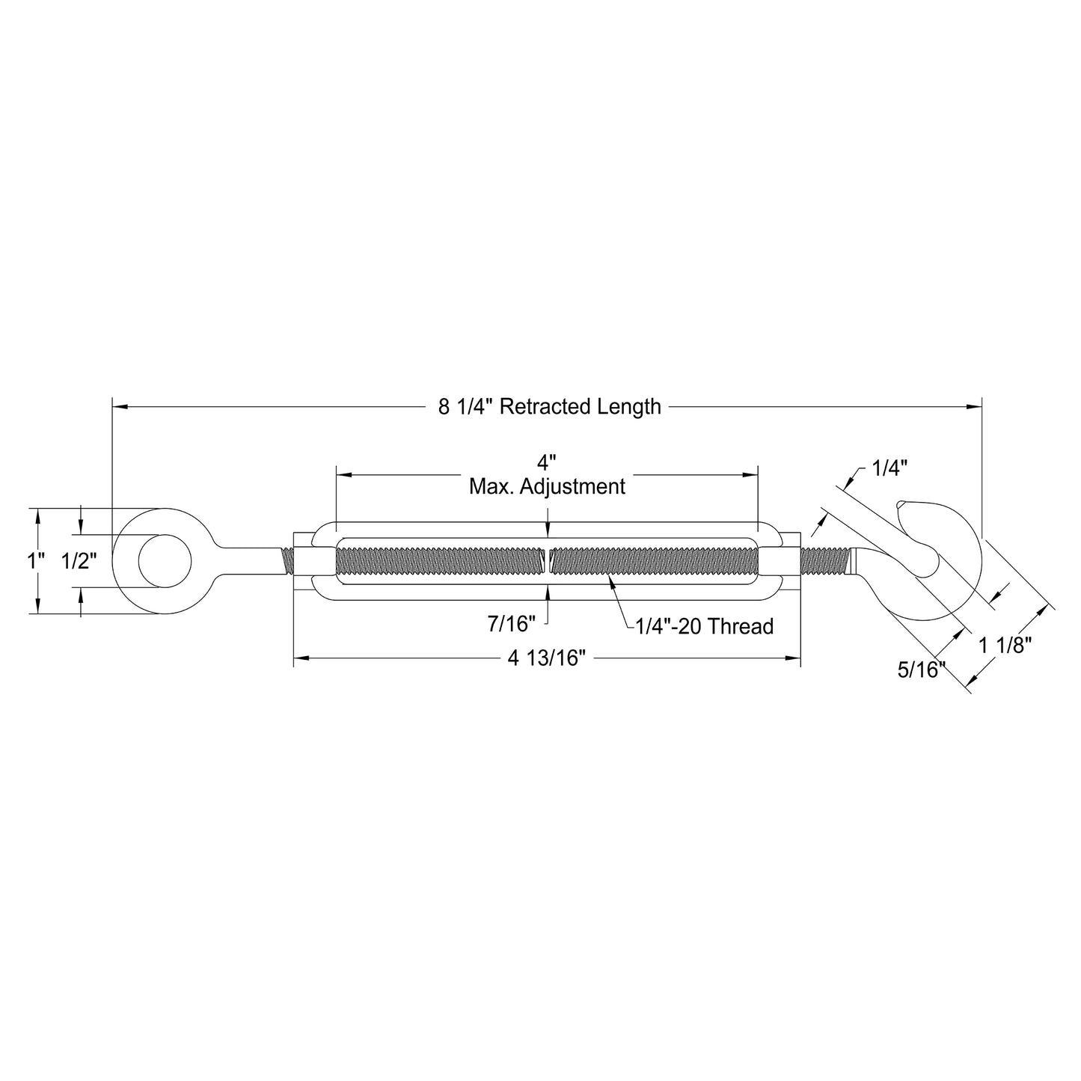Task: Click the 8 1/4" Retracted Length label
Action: pos(550,407)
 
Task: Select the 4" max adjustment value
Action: pos(547,462)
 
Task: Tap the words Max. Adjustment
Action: pos(547,487)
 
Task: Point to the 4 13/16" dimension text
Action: pos(546,659)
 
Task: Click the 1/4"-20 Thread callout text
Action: pos(704,626)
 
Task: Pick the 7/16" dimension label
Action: pos(512,622)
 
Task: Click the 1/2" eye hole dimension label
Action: pos(79,561)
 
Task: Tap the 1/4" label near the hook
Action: pos(889,469)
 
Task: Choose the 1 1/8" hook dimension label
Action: pos(1005,645)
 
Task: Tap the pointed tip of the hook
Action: pos(903,503)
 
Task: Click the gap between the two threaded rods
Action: pos(548,561)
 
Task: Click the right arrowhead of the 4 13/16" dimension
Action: pos(795,658)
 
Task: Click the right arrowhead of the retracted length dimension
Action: pos(976,407)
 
